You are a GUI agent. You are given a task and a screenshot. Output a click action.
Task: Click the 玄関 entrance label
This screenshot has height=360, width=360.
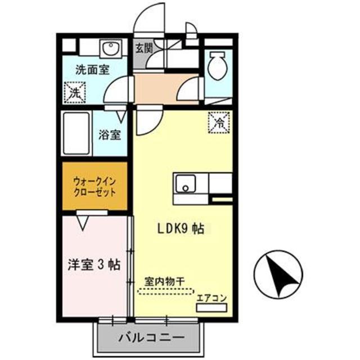(x=143, y=48)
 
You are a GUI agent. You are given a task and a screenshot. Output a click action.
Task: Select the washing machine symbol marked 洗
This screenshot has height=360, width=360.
(x=74, y=92)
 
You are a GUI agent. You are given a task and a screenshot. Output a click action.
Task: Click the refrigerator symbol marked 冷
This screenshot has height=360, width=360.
(x=219, y=120)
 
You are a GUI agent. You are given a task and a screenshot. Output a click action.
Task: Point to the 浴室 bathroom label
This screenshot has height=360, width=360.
(x=110, y=135)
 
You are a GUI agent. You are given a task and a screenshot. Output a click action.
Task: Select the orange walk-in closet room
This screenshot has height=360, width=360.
(x=94, y=186)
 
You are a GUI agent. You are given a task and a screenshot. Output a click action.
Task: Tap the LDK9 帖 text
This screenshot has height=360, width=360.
(x=180, y=229)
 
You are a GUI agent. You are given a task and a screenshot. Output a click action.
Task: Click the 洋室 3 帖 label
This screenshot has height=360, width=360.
(x=93, y=264)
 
